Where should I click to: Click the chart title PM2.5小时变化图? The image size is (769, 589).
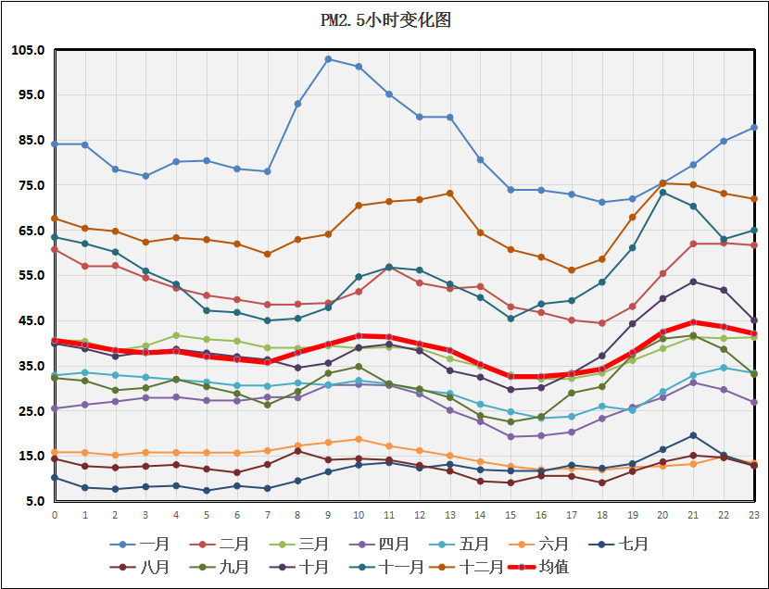click(384, 20)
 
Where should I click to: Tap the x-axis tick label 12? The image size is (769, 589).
click(420, 515)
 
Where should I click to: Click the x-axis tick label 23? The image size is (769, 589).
click(755, 515)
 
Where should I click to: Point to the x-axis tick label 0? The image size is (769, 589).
click(55, 515)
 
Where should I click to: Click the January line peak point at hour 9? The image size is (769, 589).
click(328, 59)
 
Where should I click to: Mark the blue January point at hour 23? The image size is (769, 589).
click(755, 127)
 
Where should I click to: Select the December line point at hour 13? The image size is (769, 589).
click(450, 194)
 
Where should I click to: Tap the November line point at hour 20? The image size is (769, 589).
click(663, 192)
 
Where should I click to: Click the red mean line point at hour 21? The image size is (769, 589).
click(694, 322)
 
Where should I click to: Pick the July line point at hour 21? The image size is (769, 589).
click(694, 435)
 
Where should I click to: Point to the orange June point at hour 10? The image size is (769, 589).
click(359, 439)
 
